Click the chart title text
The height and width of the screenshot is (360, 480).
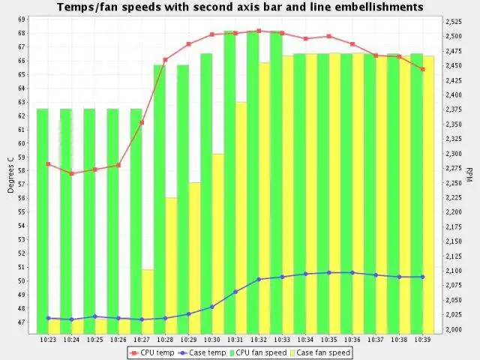pos(240,7)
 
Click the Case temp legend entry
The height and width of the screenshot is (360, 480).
pos(203,352)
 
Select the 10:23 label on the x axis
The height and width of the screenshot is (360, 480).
pos(48,340)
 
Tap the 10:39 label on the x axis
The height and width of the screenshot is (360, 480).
pos(422,340)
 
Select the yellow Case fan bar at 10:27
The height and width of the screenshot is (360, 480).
pos(148,300)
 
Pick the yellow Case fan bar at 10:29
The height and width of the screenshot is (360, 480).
pos(194,255)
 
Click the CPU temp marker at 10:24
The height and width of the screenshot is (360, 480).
pos(71,173)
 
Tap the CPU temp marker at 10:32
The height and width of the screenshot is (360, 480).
pos(259,31)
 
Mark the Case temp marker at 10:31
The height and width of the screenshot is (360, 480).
pos(235,292)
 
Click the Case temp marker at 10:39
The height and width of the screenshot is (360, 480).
pos(423,277)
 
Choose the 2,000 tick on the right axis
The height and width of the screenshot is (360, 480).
pos(453,329)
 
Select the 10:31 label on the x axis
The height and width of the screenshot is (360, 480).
pos(235,340)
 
